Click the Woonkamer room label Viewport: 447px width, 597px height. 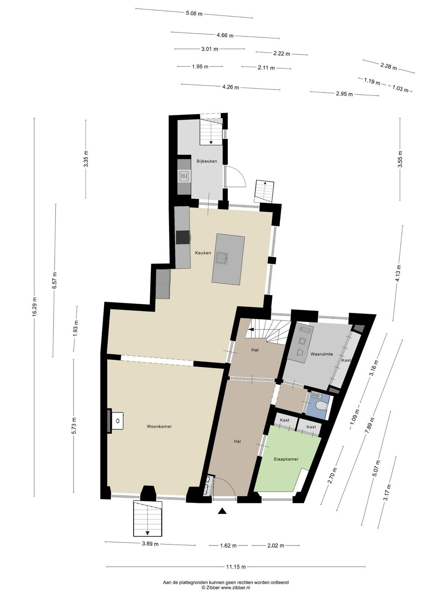coord(159,426)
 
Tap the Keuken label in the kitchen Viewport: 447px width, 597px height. coord(203,253)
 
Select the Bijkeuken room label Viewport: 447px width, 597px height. coord(207,161)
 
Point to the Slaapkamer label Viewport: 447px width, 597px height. coord(286,459)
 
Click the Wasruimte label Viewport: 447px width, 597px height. coord(321,354)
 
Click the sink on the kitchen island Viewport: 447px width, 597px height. coord(222,257)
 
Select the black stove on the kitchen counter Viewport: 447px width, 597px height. coord(183,237)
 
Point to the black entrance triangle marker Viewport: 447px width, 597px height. coord(222,511)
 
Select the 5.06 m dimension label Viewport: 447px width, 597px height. coord(194,13)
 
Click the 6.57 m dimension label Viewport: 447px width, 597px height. coord(54,281)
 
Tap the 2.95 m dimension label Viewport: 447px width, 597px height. coord(345,94)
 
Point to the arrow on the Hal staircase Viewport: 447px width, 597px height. coord(251,329)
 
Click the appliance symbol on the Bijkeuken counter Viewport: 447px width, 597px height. coord(184,176)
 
